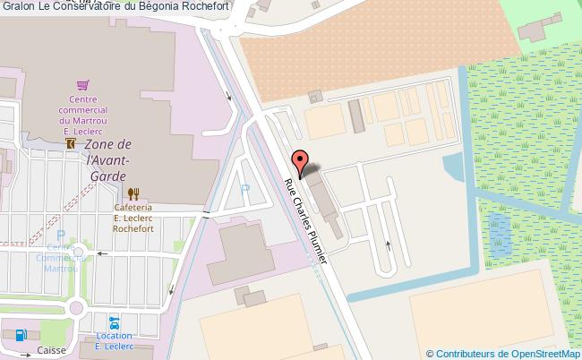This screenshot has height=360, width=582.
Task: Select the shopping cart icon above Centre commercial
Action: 82,85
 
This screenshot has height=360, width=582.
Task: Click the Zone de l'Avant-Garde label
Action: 108,159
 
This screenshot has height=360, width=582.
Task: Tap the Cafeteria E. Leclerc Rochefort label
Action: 135,216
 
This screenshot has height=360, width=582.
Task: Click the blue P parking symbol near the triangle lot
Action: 245,189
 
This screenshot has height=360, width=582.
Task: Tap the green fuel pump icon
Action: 19,338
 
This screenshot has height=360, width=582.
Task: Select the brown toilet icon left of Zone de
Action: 70,143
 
